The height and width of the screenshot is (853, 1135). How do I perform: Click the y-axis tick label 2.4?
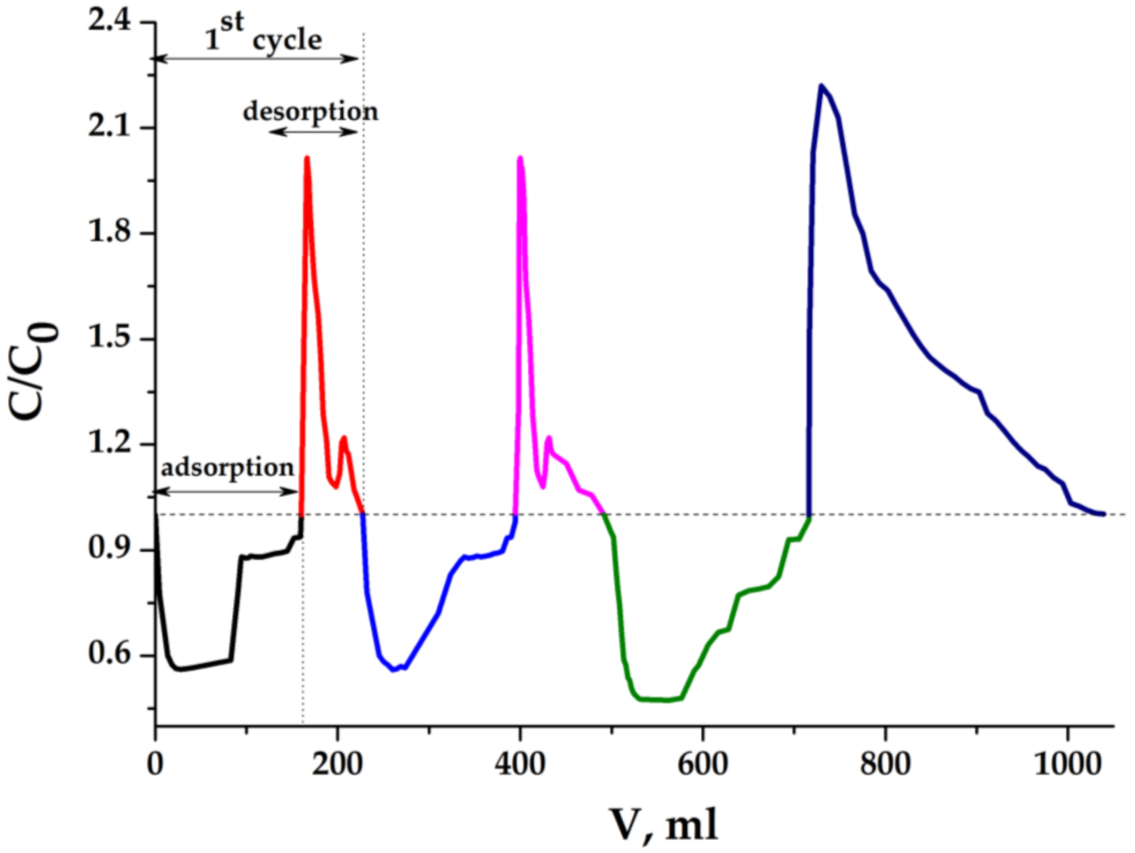[109, 23]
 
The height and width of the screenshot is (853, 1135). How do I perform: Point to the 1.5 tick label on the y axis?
[109, 339]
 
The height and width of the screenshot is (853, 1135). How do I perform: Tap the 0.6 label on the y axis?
[109, 655]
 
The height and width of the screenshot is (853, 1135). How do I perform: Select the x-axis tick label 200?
[337, 765]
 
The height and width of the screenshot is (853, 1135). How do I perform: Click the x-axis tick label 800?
[885, 765]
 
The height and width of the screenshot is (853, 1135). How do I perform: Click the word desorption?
[310, 111]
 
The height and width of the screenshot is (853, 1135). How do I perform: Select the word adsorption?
[228, 468]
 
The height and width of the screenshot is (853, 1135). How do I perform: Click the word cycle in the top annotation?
[287, 40]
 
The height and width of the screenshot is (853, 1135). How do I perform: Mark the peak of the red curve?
[307, 158]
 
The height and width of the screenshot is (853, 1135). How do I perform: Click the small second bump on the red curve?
[344, 437]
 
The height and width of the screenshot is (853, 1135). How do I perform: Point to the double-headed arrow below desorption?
[313, 132]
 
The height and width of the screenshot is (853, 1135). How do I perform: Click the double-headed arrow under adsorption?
[226, 491]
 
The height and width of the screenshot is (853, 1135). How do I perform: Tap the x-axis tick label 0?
[155, 765]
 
